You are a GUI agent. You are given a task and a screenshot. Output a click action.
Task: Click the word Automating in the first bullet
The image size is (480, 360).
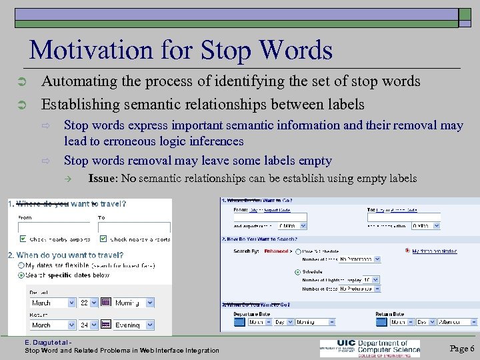click(x=73, y=81)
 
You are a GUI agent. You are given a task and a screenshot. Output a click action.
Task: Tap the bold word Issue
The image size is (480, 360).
click(x=101, y=179)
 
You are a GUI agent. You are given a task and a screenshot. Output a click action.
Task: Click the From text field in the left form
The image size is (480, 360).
click(x=54, y=226)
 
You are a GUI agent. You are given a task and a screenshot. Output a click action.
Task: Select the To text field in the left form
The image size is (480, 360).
click(x=133, y=226)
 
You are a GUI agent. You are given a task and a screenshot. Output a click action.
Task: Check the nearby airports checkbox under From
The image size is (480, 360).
click(x=23, y=238)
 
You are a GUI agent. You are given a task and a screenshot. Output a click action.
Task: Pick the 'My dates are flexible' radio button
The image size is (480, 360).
click(x=22, y=265)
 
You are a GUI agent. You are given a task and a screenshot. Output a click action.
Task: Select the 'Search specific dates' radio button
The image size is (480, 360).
click(x=22, y=274)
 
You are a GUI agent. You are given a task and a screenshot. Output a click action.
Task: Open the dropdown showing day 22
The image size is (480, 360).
click(x=88, y=302)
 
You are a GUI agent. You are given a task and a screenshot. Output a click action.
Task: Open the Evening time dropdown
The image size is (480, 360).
click(x=133, y=325)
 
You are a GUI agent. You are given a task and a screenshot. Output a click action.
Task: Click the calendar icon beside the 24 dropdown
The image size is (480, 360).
click(x=105, y=325)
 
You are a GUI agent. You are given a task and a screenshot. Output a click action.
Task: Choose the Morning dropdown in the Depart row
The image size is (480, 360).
click(x=133, y=302)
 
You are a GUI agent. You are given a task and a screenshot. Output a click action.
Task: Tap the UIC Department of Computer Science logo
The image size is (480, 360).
click(x=370, y=347)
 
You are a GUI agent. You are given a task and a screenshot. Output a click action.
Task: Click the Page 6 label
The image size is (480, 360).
click(x=462, y=348)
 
